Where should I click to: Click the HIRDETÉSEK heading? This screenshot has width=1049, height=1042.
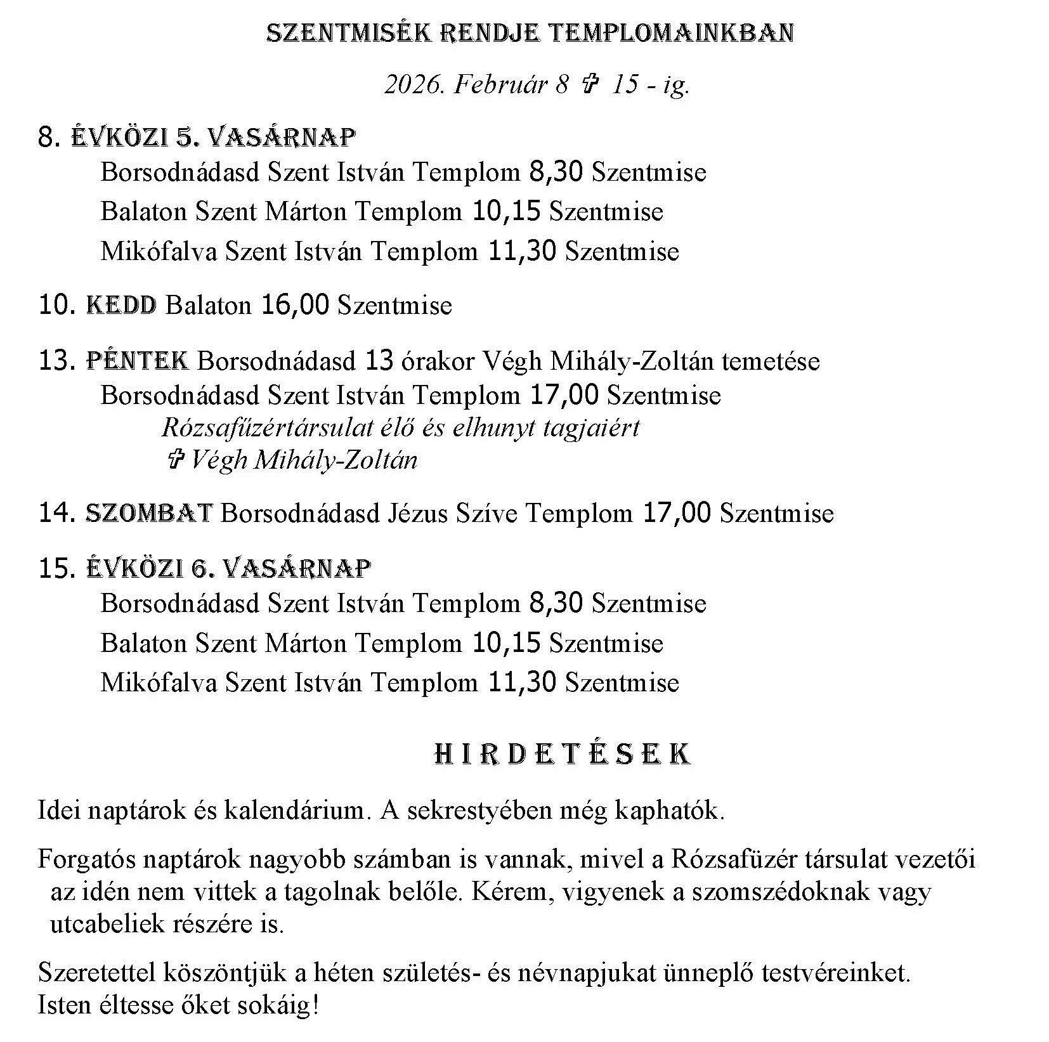563,755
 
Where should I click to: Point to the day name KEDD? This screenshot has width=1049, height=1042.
121,306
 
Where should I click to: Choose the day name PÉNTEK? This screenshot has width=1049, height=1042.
137,361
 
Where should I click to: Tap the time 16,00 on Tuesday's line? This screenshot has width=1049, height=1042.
295,306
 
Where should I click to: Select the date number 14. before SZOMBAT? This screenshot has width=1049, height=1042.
58,513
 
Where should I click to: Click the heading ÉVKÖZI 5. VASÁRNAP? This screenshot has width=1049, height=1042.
213,137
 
